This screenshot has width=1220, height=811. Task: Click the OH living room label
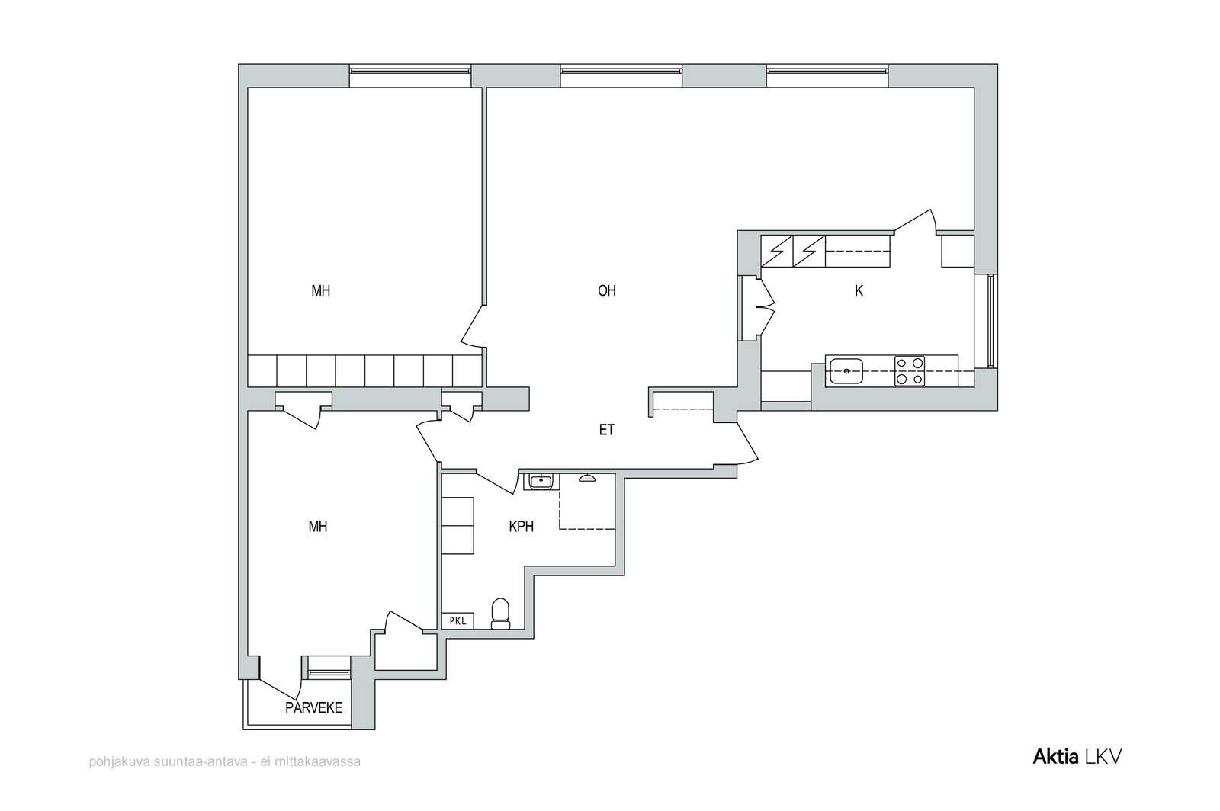[x=607, y=290]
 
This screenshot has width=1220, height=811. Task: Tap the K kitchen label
[x=859, y=291]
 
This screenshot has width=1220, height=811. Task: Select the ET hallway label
[x=607, y=430]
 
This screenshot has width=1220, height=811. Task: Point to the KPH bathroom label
[x=522, y=527]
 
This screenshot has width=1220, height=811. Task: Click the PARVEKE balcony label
[x=313, y=707]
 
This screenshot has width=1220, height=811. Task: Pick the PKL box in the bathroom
[x=457, y=620]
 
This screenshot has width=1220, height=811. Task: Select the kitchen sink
[x=846, y=371]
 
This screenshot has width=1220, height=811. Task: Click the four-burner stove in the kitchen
[x=910, y=371]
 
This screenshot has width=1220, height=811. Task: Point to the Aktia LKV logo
[x=1077, y=757]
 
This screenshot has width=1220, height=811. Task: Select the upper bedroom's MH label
[x=321, y=290]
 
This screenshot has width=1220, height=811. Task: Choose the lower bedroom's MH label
[x=318, y=527]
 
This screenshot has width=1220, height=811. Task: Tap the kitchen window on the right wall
[x=990, y=321]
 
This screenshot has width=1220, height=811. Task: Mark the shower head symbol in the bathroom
[x=586, y=478]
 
